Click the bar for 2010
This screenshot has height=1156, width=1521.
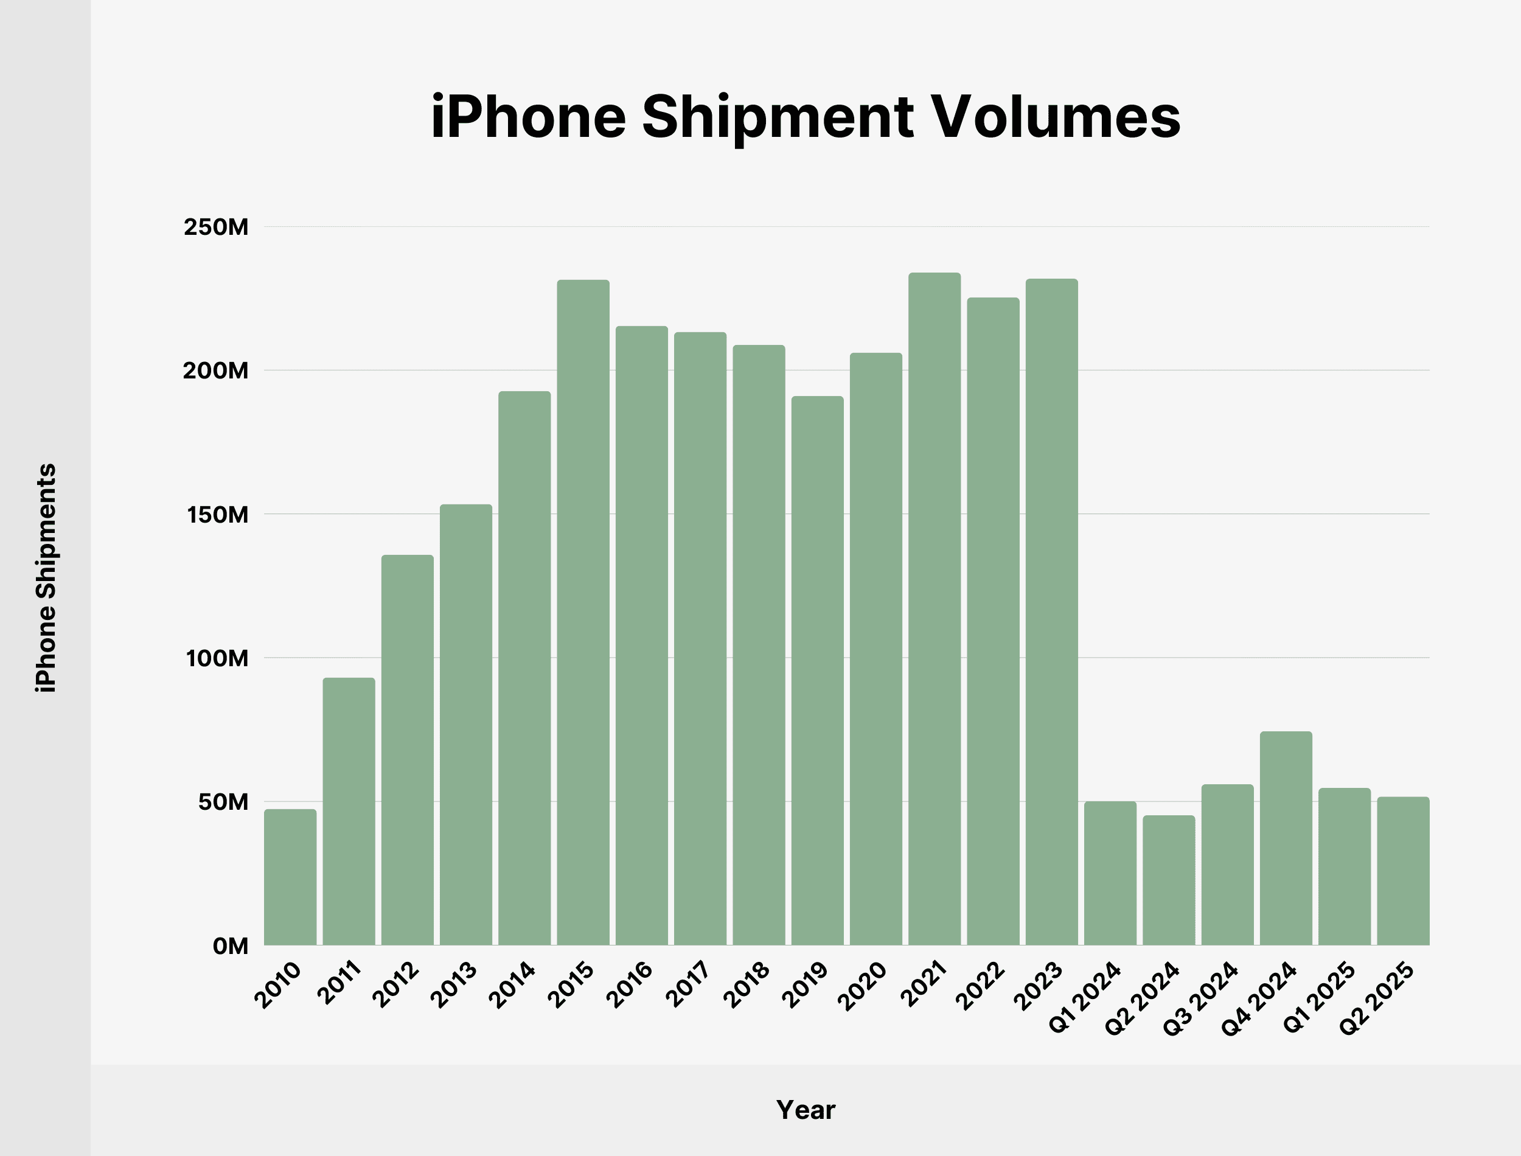point(290,877)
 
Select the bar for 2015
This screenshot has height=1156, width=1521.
point(583,613)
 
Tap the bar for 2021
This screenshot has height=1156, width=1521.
point(935,609)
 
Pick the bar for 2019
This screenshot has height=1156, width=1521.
point(817,671)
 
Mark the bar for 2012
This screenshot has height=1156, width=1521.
point(407,750)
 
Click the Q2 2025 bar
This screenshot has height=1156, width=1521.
point(1403,871)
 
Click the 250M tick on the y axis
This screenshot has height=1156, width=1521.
point(216,227)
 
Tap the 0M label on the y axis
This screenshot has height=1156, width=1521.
point(231,946)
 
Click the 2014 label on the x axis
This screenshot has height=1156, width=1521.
point(512,986)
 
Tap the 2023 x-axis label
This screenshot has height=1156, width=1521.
point(1040,987)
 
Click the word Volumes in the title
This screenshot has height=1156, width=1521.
point(1056,117)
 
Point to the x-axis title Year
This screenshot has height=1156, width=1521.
point(806,1110)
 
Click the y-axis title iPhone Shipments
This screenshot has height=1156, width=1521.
point(46,578)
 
